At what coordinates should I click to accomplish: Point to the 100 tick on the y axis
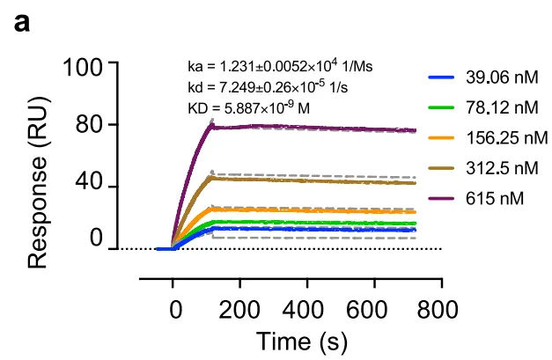pos(85,66)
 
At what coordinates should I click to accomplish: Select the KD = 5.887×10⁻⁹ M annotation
pos(250,108)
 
